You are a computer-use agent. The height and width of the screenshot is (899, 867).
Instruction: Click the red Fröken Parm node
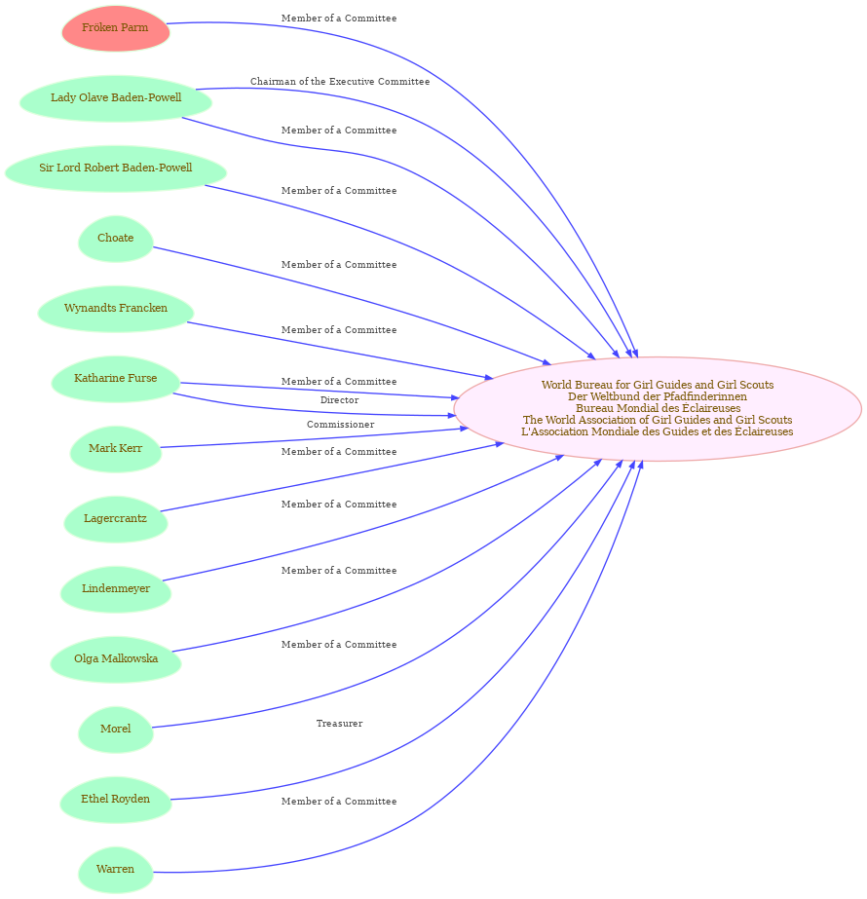pos(116,28)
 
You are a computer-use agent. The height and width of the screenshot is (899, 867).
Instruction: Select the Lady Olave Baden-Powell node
pos(116,98)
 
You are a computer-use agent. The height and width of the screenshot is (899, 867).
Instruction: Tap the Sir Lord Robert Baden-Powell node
pos(116,169)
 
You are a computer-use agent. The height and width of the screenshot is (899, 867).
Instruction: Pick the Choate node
pos(116,239)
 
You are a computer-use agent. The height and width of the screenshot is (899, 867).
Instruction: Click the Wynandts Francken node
pos(116,309)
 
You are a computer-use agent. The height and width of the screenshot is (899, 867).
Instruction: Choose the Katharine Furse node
pos(116,379)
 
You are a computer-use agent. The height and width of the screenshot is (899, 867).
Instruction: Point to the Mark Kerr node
pos(116,449)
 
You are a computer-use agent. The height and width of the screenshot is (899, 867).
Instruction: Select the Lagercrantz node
pos(116,519)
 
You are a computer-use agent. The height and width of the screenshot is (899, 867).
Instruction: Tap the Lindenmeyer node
pos(116,589)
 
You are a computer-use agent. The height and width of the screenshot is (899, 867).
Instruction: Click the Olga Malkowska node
pos(116,659)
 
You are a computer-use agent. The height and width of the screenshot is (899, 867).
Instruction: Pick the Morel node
pos(116,730)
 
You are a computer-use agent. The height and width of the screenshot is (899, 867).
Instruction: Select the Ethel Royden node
pos(116,800)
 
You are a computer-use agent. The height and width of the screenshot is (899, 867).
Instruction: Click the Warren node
pos(116,870)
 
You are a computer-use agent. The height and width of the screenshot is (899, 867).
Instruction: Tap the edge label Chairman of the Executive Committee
pos(340,82)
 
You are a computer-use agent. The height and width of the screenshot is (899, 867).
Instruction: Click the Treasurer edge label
pos(339,724)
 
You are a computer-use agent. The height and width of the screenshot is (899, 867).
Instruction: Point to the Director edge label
pos(339,400)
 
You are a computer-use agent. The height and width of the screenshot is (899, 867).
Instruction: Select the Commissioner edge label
pos(341,425)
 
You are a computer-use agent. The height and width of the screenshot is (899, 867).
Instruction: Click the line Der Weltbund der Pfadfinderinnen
pos(658,396)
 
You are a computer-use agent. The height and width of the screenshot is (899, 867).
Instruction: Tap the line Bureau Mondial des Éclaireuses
pos(659,408)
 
